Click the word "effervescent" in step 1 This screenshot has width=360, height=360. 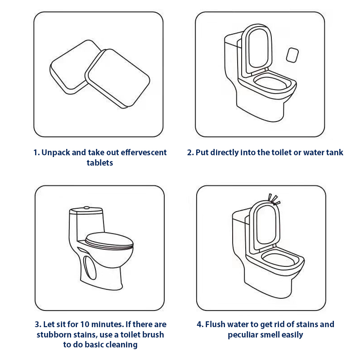144,153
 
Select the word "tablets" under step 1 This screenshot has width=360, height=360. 99,163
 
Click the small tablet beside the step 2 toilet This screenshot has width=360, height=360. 292,55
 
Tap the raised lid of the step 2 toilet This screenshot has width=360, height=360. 256,49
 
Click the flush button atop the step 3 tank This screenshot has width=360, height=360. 86,207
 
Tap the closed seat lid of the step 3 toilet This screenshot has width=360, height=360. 109,241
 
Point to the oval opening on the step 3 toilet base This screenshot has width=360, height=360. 90,268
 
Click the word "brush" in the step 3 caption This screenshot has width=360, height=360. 153,334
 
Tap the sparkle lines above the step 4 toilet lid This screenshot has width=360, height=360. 274,199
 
